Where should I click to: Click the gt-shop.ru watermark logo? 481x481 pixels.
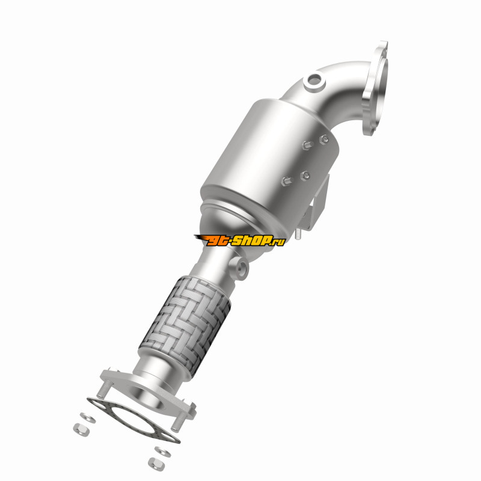click(239, 240)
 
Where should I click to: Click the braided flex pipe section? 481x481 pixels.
click(185, 322)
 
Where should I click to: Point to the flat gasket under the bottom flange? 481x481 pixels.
click(133, 419)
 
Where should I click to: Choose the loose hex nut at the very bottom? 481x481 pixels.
click(156, 464)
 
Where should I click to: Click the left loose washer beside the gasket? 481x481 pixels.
click(88, 417)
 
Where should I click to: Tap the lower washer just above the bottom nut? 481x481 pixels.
click(163, 452)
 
